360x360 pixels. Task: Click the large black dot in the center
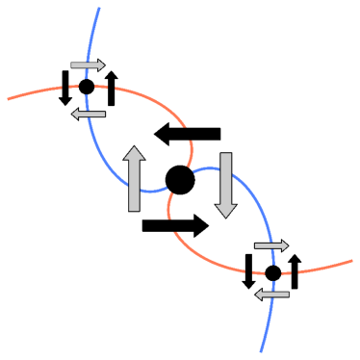[x=180, y=179]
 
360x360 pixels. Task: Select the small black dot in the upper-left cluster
[x=87, y=87]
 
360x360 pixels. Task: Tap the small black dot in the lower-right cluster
[x=272, y=273]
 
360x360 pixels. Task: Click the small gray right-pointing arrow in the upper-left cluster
[x=88, y=65]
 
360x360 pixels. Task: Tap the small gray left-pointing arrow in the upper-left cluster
[x=90, y=113]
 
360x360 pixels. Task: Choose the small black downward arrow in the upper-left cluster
[x=65, y=88]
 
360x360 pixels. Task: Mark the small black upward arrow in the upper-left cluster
[x=112, y=89]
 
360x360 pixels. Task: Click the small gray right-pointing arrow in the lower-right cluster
[x=270, y=246]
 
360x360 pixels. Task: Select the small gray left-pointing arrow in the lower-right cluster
[x=270, y=294]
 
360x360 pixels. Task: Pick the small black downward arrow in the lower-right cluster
[x=248, y=270]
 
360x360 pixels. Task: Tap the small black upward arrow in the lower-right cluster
[x=295, y=271]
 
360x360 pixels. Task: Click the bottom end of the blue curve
[x=261, y=351]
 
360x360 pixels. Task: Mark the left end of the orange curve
[x=8, y=98]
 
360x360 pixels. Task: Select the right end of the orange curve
[x=351, y=260]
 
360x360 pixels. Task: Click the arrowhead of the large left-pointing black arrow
[x=164, y=134]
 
